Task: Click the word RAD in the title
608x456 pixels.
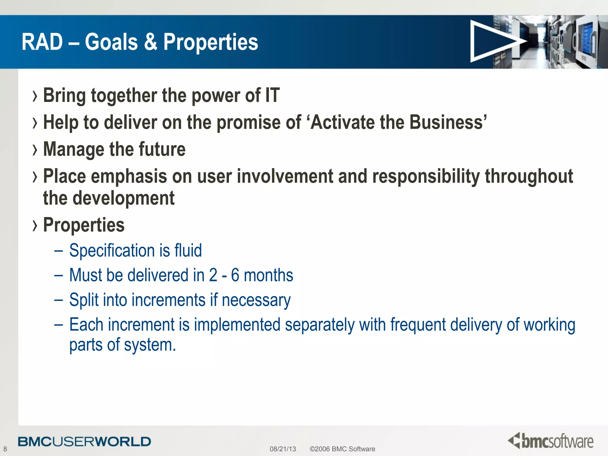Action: (x=42, y=42)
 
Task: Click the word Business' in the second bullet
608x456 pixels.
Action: (x=448, y=122)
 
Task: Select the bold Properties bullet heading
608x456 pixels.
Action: (x=84, y=225)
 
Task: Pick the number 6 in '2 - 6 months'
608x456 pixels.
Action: (x=235, y=275)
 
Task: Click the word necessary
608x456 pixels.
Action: (x=256, y=300)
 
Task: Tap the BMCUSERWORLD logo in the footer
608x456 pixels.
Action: (x=84, y=441)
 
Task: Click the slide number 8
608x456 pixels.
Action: (x=5, y=449)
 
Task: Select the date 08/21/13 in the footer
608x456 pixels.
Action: (x=283, y=449)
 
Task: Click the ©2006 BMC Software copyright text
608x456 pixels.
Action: (x=342, y=449)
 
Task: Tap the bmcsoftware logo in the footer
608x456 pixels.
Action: (x=550, y=441)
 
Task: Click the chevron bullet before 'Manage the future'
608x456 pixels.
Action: (x=35, y=150)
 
